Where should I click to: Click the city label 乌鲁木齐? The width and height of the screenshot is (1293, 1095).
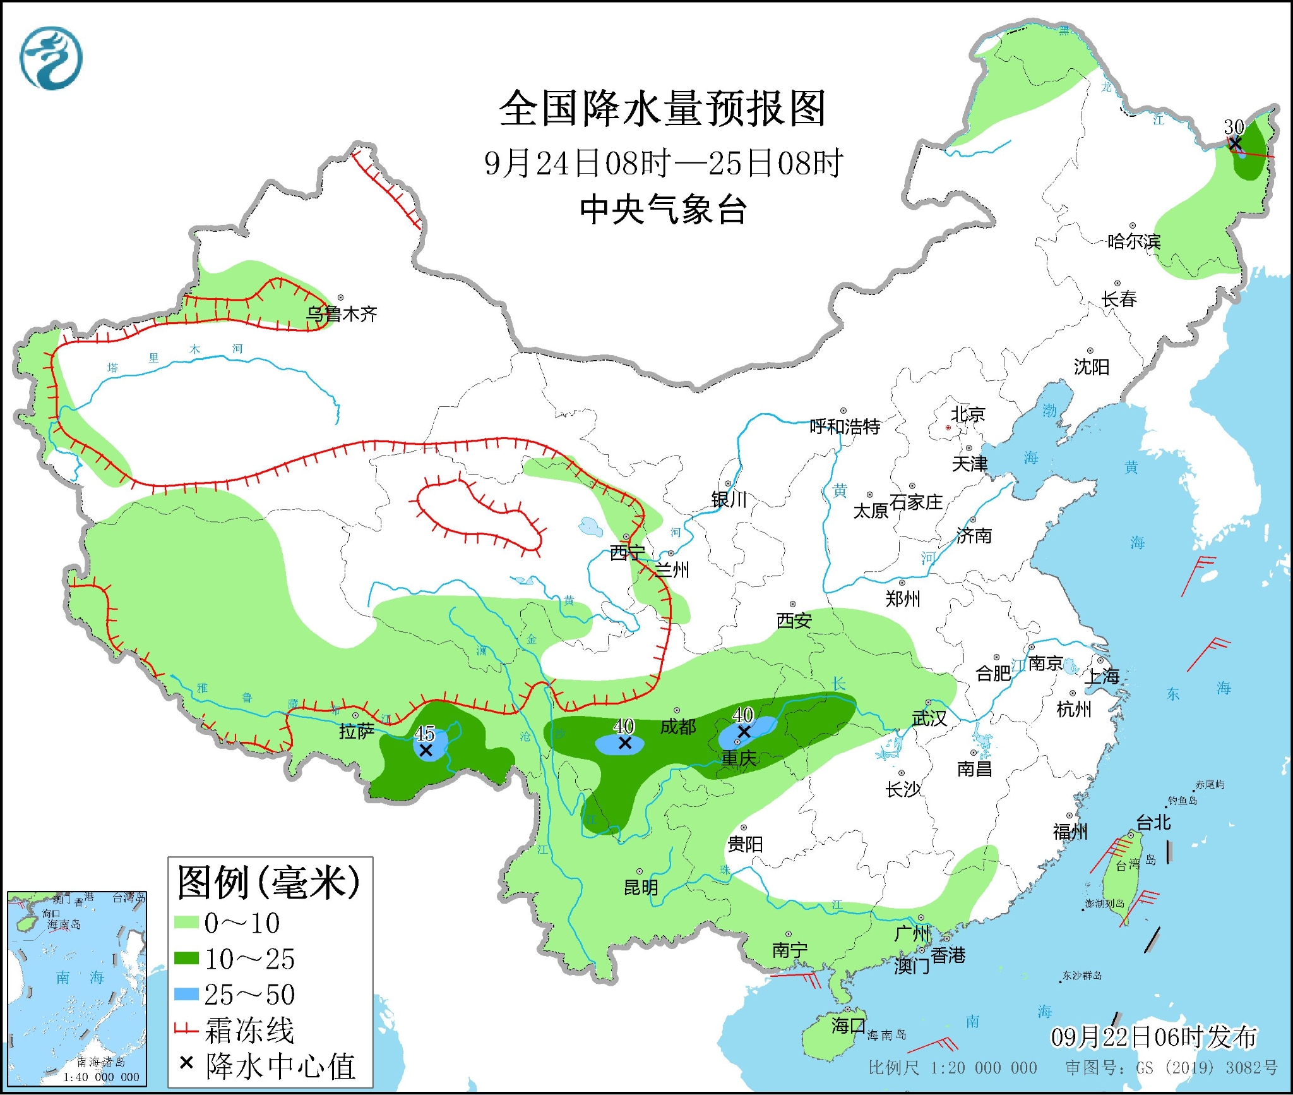(342, 314)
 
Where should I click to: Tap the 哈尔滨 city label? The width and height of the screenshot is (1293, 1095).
(1134, 241)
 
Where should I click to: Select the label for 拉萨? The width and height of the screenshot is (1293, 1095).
(357, 731)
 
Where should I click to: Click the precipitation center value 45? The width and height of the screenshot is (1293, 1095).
(424, 734)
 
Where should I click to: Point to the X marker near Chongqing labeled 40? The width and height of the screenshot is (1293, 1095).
(744, 732)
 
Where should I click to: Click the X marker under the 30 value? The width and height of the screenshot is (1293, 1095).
(1235, 143)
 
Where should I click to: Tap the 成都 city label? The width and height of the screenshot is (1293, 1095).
(677, 727)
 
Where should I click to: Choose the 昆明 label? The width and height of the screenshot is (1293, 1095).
(641, 888)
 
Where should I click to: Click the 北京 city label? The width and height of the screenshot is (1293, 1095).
(968, 414)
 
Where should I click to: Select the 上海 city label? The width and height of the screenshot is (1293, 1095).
(1102, 677)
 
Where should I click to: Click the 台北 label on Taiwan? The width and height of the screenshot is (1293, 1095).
(1153, 822)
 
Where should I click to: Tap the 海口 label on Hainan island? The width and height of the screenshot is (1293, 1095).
(848, 1025)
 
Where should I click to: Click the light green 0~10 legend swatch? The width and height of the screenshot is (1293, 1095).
(186, 923)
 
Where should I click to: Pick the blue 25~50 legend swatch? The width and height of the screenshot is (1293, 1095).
(186, 994)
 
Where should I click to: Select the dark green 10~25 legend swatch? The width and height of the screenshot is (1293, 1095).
(186, 959)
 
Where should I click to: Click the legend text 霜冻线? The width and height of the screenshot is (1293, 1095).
(249, 1031)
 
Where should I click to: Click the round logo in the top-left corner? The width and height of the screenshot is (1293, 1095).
(51, 58)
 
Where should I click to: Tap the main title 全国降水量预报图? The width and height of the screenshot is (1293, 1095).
(662, 109)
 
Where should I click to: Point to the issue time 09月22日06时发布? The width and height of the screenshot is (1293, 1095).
(1153, 1037)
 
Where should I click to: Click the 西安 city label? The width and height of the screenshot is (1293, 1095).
(794, 621)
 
